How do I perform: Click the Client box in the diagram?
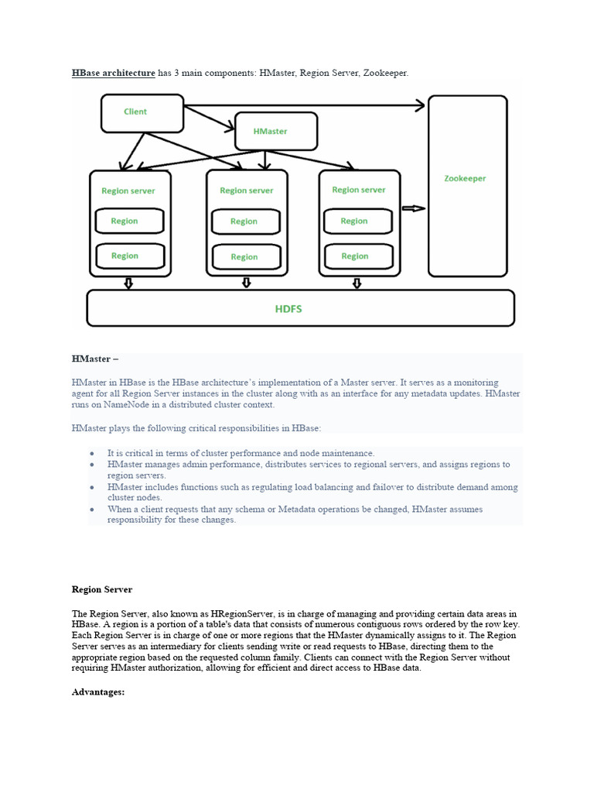click(x=142, y=112)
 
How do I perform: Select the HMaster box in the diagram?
click(x=275, y=131)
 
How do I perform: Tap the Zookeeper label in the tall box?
click(x=465, y=178)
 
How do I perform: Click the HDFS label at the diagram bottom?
click(x=288, y=308)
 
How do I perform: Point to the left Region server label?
click(x=128, y=191)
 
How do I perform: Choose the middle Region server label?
click(x=247, y=191)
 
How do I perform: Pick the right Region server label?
click(x=358, y=190)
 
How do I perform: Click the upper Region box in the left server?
click(x=129, y=221)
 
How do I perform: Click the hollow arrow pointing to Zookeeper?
click(x=415, y=208)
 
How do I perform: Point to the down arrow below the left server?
click(x=128, y=283)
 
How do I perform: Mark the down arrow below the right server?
click(x=357, y=283)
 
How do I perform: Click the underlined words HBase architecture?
click(x=114, y=73)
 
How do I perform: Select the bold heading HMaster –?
click(x=95, y=359)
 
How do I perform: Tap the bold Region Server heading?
click(x=102, y=589)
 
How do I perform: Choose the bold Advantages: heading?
click(x=98, y=692)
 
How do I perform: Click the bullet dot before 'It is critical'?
click(x=92, y=453)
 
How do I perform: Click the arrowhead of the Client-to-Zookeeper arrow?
click(x=419, y=105)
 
